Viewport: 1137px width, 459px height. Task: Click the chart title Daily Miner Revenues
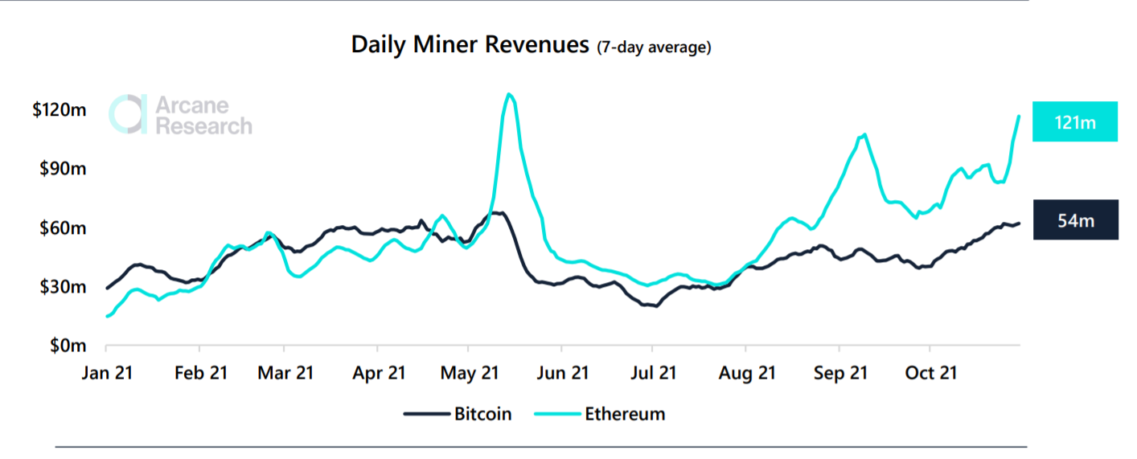click(470, 45)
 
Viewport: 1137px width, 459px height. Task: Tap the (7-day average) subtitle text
click(654, 47)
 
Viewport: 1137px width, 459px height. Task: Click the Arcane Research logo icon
click(128, 114)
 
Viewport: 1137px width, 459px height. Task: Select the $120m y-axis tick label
click(59, 110)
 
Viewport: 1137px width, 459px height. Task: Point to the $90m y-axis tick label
click(63, 169)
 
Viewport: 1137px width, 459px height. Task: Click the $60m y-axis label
click(63, 228)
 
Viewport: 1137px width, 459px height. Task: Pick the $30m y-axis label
click(63, 287)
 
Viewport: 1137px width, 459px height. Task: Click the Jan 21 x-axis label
click(108, 373)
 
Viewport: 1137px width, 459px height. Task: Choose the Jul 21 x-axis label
click(652, 373)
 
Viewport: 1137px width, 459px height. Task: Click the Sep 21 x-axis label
click(839, 373)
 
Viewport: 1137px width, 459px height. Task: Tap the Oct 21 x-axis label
click(930, 373)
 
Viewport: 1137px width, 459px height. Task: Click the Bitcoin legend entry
click(458, 414)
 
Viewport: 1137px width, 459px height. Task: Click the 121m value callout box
click(1075, 122)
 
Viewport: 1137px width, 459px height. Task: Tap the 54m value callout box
click(1075, 219)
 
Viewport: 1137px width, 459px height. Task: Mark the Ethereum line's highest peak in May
click(508, 94)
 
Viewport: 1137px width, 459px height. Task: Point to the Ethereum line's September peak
click(864, 134)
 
